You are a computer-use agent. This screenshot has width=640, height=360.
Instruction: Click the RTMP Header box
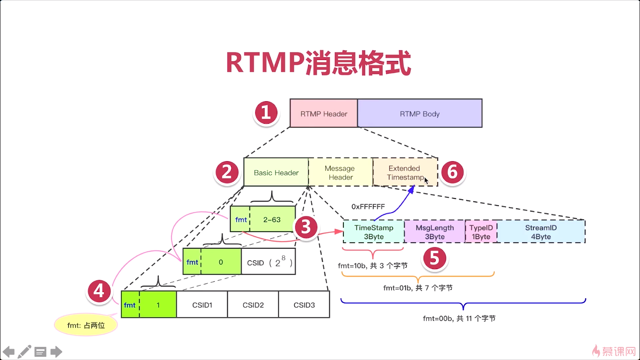324,113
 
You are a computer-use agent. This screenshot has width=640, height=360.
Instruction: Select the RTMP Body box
420,113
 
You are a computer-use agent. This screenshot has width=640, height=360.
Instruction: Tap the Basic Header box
276,172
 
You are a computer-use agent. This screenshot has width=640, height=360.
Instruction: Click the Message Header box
341,172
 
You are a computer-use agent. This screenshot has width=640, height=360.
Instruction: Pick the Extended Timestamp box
405,172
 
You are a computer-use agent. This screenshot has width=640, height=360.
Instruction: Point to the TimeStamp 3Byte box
374,232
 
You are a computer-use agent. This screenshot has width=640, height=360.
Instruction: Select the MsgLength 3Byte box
435,232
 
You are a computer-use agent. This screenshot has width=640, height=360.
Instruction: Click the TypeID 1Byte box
481,232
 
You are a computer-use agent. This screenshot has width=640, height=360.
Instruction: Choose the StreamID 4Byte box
541,232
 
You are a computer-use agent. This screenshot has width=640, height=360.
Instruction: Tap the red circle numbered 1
266,112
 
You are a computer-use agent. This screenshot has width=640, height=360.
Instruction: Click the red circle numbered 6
453,172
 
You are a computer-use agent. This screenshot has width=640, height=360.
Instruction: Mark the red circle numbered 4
99,291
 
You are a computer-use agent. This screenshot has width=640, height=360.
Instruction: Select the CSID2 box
253,305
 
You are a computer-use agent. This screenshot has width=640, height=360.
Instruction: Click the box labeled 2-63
272,219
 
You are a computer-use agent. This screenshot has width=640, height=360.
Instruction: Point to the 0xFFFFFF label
368,206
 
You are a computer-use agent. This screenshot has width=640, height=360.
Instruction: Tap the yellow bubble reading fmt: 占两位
86,325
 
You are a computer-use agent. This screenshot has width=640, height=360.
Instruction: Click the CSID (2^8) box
268,262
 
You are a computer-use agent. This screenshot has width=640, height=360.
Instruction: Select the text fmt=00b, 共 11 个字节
459,319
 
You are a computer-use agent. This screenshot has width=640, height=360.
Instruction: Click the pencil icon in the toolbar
24,352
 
